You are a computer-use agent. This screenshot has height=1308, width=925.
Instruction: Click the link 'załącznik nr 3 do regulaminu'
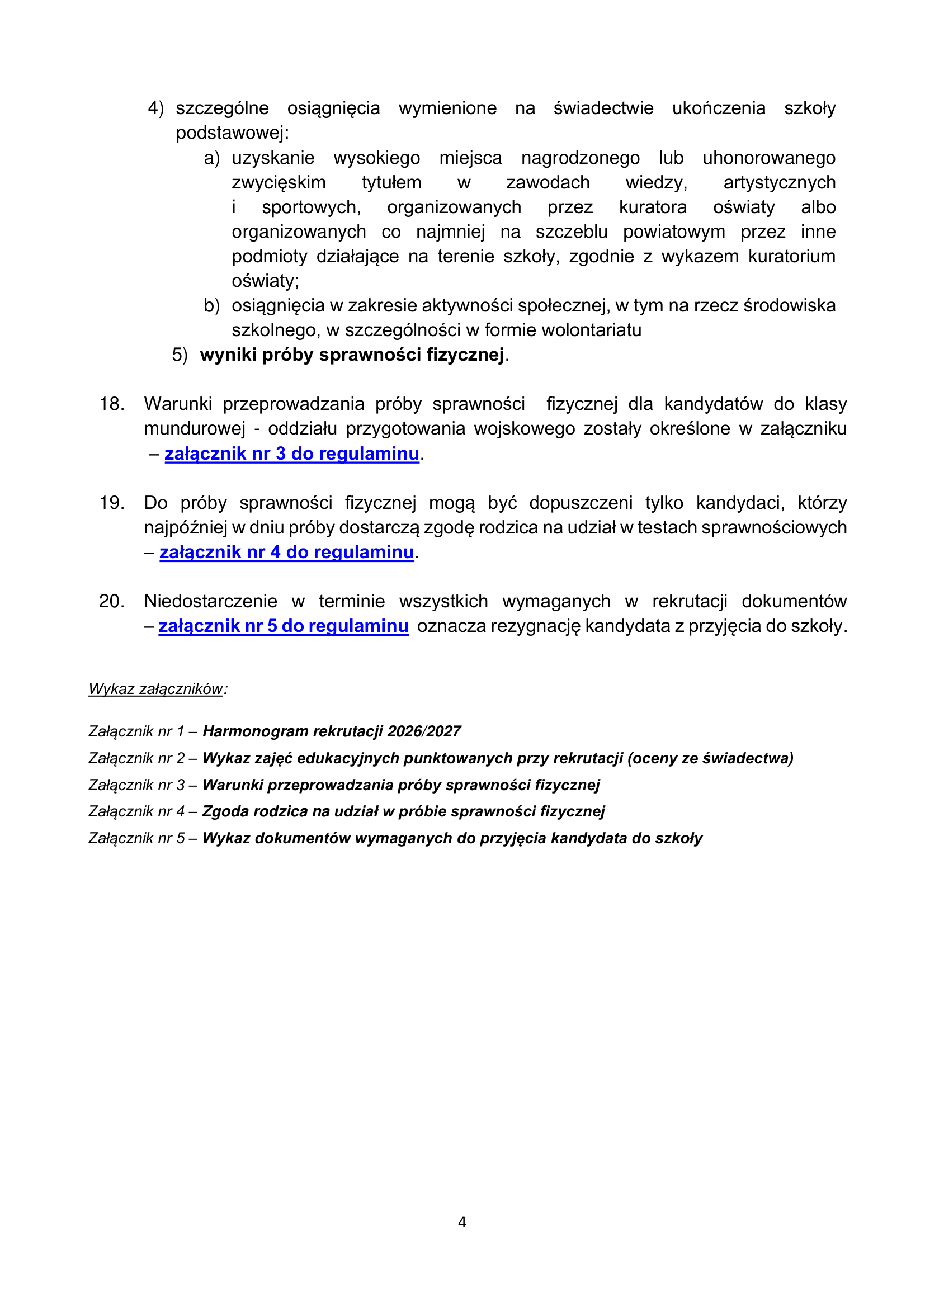coord(291,454)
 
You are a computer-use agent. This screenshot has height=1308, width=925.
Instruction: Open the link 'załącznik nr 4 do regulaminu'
coord(286,552)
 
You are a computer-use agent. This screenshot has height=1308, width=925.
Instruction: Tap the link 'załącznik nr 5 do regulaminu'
coord(283,626)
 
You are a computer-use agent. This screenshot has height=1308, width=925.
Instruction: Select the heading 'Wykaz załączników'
coord(155,689)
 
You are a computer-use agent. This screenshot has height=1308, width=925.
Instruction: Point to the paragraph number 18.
coord(112,404)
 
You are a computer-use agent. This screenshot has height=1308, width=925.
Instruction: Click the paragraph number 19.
coord(112,503)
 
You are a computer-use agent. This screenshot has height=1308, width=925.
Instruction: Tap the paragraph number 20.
coord(112,601)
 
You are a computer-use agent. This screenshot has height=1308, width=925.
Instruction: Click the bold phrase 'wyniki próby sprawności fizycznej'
coord(352,355)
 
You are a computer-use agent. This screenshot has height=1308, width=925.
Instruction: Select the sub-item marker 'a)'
coord(211,158)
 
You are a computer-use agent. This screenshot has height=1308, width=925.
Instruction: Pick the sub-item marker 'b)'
coord(211,306)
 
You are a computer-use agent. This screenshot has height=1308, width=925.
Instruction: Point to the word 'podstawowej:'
coord(233,133)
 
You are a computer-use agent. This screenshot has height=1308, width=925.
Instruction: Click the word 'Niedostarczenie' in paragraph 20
coord(210,601)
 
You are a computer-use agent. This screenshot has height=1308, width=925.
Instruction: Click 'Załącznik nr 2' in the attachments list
coord(136,758)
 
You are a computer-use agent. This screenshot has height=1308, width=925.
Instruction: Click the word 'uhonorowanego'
coord(768,158)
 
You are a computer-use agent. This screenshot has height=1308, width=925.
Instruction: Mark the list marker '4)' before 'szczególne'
coord(155,108)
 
